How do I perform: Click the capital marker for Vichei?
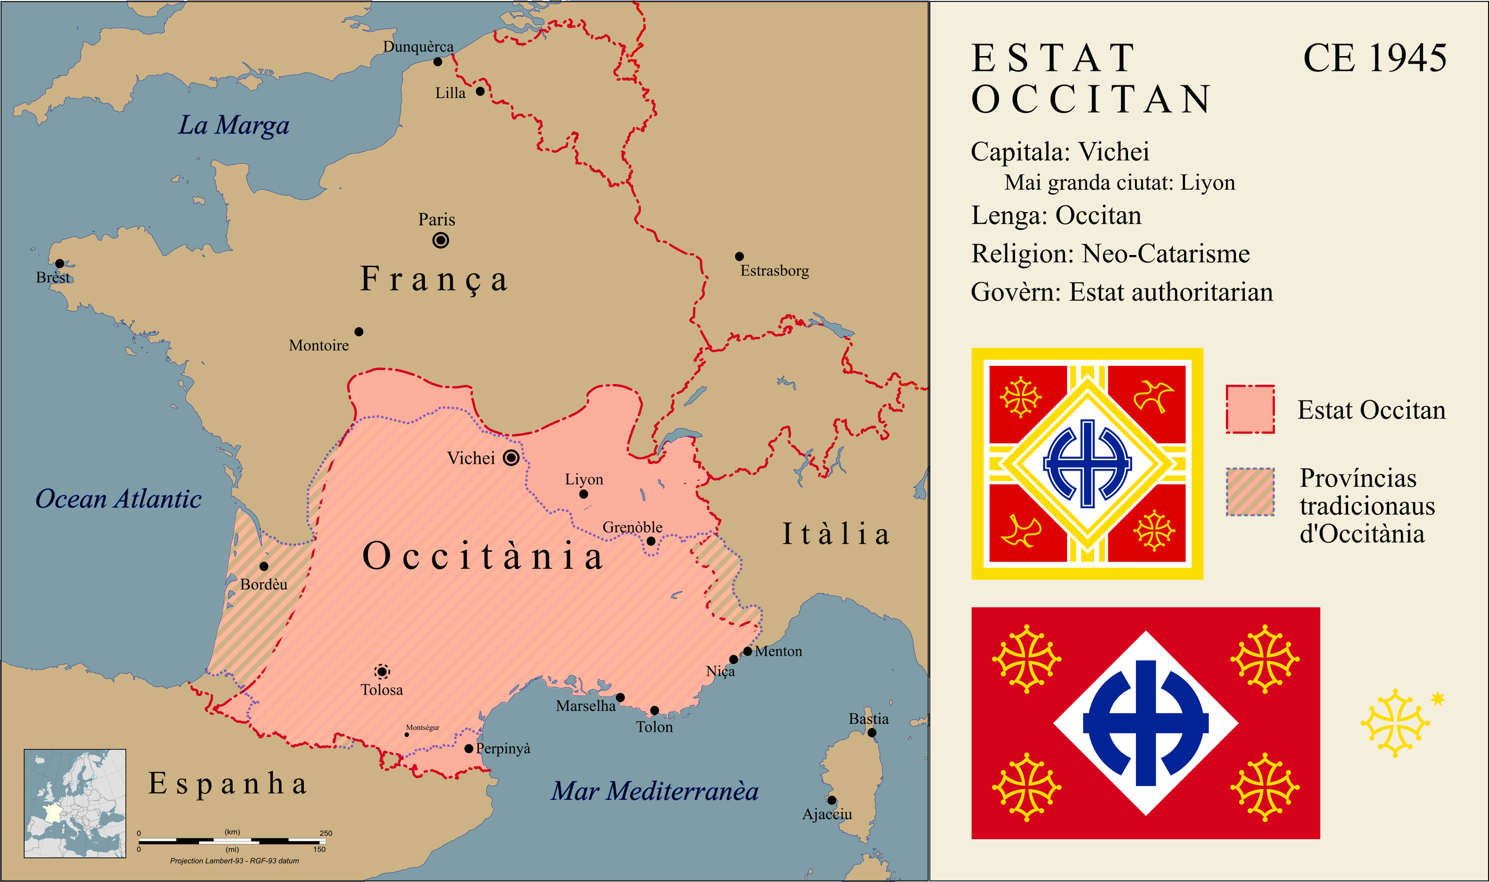click(511, 458)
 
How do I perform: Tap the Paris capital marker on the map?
click(441, 240)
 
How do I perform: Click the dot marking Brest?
click(59, 263)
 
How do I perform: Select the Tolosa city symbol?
click(382, 671)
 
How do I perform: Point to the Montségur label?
click(423, 728)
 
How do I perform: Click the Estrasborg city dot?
click(739, 256)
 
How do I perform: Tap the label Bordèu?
click(264, 584)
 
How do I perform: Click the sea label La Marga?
click(234, 125)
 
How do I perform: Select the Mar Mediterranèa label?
click(654, 791)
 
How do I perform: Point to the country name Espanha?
click(228, 783)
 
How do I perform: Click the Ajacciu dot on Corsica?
click(832, 800)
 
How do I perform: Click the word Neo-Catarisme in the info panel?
click(1165, 254)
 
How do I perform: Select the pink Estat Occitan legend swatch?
click(1250, 409)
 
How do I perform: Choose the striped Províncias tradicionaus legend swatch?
click(1250, 491)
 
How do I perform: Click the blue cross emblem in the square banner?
click(1087, 464)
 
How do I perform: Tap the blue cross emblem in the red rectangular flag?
click(1145, 723)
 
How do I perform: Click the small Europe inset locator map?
click(75, 803)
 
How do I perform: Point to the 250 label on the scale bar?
click(326, 833)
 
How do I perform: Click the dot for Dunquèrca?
click(438, 62)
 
